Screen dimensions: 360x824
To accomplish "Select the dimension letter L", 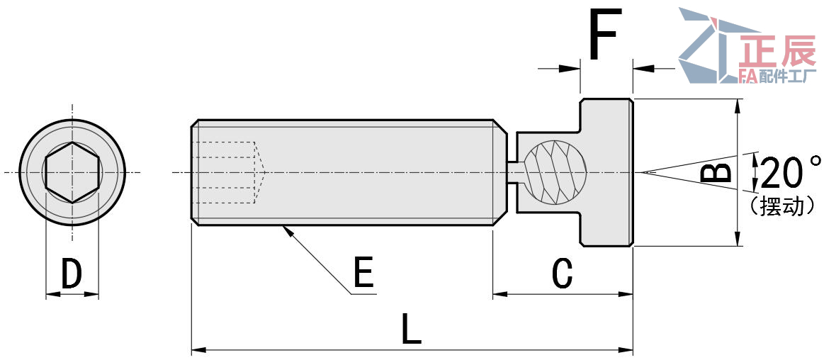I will click(x=411, y=329).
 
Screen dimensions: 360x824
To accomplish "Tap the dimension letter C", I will click(x=562, y=274).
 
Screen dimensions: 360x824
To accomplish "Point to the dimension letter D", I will click(x=72, y=274).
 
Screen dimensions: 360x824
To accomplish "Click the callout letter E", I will click(x=363, y=273).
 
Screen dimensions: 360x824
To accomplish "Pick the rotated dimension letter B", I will click(x=720, y=172).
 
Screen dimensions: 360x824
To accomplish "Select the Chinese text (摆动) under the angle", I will click(x=783, y=206).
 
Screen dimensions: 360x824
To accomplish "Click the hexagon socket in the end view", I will click(x=72, y=172).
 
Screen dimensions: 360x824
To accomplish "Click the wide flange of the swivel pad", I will click(x=606, y=172).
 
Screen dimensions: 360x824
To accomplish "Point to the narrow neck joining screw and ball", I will click(x=515, y=172).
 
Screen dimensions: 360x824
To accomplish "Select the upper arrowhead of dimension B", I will click(x=738, y=106).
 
